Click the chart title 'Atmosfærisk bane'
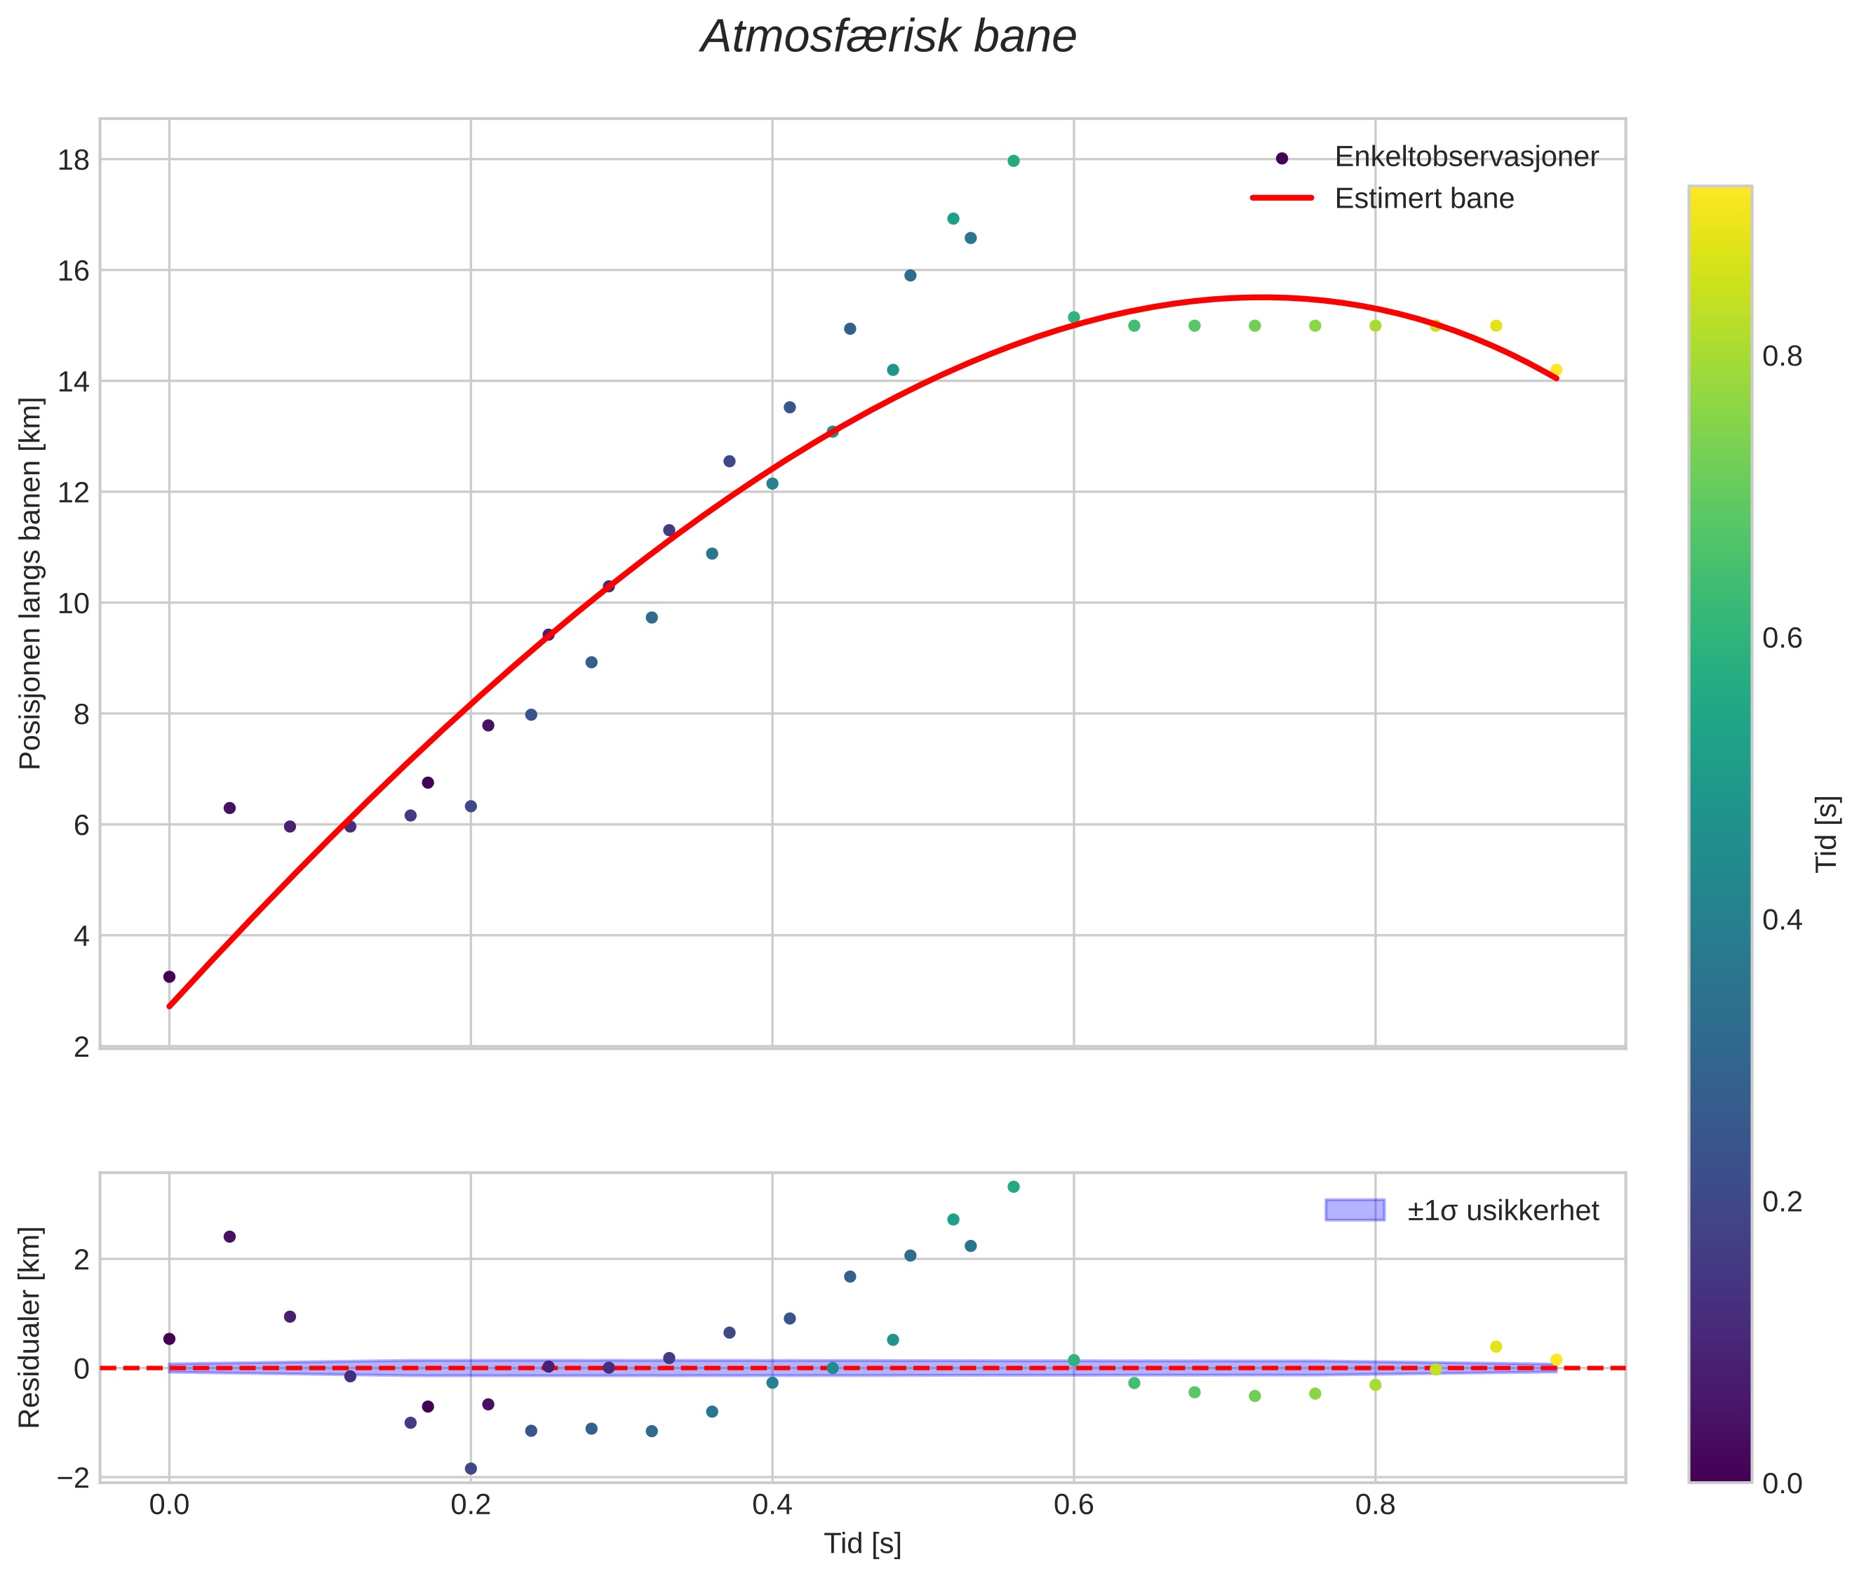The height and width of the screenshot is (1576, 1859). tap(888, 37)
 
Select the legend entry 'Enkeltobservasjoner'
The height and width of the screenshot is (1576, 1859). tap(1465, 157)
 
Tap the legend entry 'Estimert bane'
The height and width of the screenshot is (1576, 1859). tap(1423, 199)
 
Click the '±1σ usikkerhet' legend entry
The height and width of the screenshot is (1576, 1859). tap(1502, 1210)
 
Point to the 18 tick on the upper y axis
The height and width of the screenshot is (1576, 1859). tap(74, 161)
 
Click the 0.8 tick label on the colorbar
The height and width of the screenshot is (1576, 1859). tap(1782, 356)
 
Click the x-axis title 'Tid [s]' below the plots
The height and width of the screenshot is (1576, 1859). tap(862, 1544)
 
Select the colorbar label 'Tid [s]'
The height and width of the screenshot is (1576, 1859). tap(1827, 834)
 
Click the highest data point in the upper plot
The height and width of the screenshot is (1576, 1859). tap(1013, 161)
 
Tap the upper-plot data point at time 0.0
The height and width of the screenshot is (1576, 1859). tap(169, 977)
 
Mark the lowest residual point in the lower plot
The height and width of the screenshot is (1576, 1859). tap(471, 1468)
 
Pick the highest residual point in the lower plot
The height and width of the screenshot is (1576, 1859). tap(1013, 1187)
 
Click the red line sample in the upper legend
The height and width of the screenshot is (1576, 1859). tap(1281, 199)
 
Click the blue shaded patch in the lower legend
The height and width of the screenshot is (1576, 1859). tap(1355, 1210)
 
